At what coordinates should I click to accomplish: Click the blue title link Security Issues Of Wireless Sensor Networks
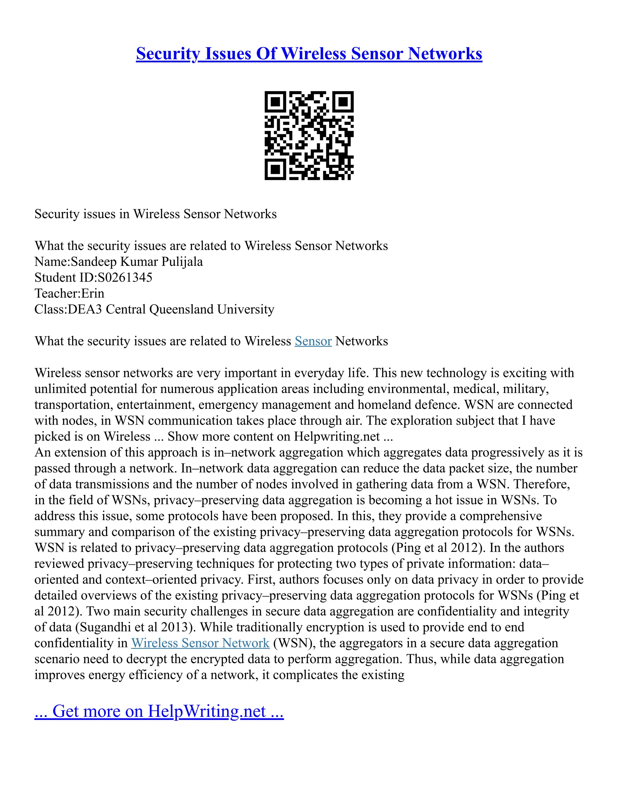point(309,54)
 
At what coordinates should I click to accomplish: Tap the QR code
point(309,135)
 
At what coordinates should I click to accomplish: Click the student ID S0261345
point(125,278)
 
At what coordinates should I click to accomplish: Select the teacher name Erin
point(93,293)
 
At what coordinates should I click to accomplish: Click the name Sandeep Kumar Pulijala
point(137,262)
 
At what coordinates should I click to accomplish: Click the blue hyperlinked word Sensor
point(313,341)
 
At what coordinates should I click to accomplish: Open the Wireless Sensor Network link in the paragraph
point(200,643)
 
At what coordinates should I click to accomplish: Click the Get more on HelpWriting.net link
point(159,711)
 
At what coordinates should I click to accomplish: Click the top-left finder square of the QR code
point(275,101)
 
